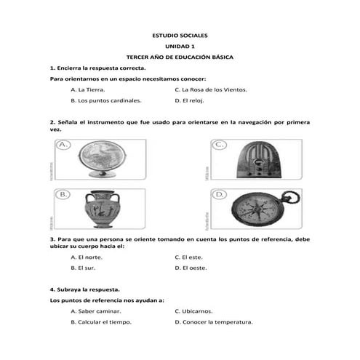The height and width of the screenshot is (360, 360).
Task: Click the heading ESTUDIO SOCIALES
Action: (x=180, y=35)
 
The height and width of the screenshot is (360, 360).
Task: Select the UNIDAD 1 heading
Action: (x=180, y=46)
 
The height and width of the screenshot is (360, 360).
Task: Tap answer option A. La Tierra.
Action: (x=88, y=89)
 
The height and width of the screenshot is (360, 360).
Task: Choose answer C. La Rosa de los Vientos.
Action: (x=211, y=89)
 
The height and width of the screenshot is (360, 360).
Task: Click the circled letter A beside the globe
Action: (x=63, y=145)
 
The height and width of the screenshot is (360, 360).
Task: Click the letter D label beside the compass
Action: (x=218, y=194)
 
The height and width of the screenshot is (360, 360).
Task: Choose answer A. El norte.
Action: (x=87, y=257)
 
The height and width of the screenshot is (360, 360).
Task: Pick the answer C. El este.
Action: (x=188, y=257)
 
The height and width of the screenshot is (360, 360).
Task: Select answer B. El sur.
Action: (x=84, y=268)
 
